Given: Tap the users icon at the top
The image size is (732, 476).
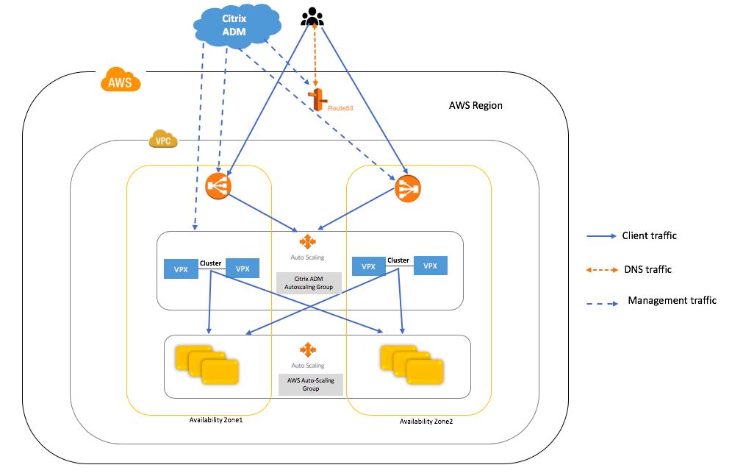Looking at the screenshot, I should pos(314,15).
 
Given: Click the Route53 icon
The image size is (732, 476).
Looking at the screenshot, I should pos(317,101).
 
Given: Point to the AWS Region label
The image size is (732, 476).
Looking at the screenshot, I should pos(476,105).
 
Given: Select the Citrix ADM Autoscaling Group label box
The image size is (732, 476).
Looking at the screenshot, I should pos(309,283).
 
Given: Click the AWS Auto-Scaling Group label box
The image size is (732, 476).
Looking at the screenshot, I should pos(309,383).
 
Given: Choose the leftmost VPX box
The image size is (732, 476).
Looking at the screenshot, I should pos(181,269).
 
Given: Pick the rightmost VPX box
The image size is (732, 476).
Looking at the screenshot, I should pos(431,266).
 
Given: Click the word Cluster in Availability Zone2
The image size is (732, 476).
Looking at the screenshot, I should pos(398,260).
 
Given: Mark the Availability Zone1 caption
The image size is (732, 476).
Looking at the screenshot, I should pos(216,419).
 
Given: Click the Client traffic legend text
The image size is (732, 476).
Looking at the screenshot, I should pos(649,236).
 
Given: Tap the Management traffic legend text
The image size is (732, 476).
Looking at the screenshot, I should pos(672,300).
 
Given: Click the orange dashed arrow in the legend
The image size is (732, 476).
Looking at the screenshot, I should pos(600,270).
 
